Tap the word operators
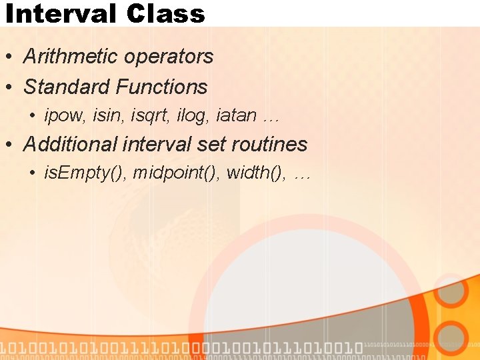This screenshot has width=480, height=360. pos(171,57)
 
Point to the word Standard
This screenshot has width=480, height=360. pos(67,87)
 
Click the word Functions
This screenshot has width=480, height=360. pos(161,87)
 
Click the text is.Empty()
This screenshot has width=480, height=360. pos(85,174)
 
